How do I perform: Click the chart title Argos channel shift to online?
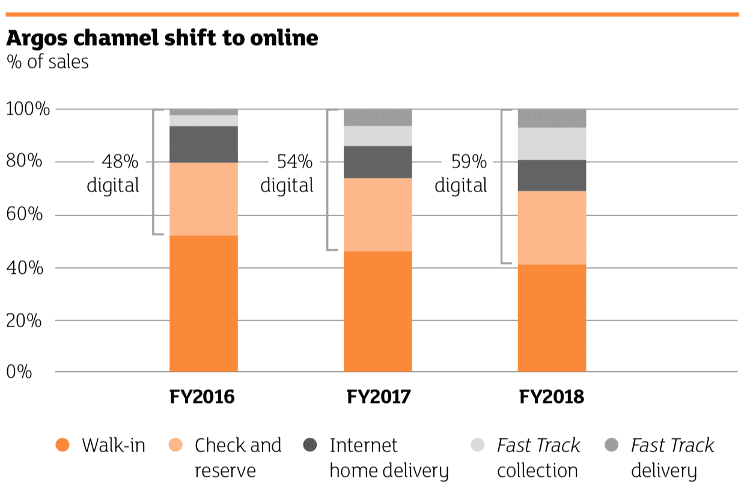[162, 37]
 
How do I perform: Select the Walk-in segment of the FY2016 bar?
[203, 303]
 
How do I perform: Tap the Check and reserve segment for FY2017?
[377, 214]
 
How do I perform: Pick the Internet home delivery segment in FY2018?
[551, 175]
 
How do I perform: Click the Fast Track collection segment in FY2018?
[551, 144]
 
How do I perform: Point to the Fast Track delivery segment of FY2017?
[377, 117]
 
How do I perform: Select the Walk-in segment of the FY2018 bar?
[551, 318]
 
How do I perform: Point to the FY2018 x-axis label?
[551, 398]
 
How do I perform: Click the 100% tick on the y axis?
[28, 109]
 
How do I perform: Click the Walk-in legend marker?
[62, 446]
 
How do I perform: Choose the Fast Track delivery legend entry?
[671, 458]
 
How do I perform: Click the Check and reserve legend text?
[237, 458]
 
